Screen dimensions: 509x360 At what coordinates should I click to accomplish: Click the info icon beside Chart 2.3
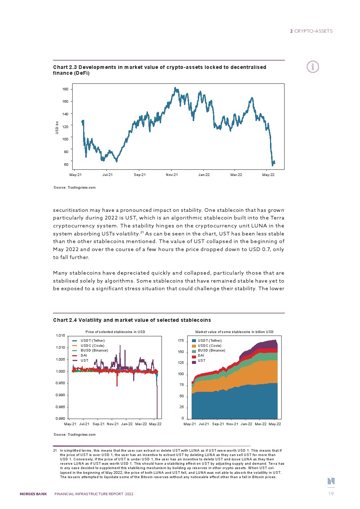(x=312, y=67)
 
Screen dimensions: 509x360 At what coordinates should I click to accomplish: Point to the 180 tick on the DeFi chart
(x=65, y=89)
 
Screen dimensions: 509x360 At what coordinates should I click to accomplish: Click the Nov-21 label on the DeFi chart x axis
(x=172, y=175)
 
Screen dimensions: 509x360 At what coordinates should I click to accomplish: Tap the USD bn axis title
(x=57, y=128)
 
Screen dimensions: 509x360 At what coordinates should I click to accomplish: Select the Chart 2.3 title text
(x=160, y=70)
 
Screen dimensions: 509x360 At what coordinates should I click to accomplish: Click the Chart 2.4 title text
(x=132, y=320)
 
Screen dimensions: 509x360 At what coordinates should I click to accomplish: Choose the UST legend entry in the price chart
(x=84, y=361)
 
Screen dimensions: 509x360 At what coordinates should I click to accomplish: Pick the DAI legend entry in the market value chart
(x=201, y=356)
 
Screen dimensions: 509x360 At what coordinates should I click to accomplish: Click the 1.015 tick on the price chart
(x=60, y=336)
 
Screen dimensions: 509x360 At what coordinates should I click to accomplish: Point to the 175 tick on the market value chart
(x=181, y=341)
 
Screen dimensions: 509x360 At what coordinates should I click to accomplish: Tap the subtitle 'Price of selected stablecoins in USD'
(x=115, y=332)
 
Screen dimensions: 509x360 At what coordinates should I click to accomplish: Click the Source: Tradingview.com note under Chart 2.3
(x=74, y=188)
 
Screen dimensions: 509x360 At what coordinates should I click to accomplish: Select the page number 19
(x=331, y=493)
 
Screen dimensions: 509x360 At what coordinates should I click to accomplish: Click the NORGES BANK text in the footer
(x=33, y=494)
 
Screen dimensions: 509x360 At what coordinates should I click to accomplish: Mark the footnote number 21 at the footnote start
(x=55, y=451)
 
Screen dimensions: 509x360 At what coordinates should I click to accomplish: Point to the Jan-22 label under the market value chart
(x=246, y=424)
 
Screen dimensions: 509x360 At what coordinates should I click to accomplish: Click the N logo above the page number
(x=331, y=481)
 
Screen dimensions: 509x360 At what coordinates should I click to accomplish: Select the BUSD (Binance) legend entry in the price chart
(x=94, y=350)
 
